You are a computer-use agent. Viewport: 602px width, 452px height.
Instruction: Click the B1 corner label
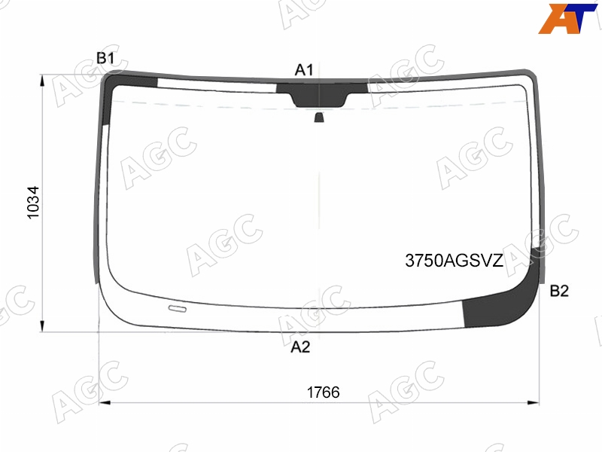tap(105, 59)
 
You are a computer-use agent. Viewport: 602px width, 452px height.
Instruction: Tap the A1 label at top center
tap(304, 70)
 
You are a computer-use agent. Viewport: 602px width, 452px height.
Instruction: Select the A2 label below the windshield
tap(300, 347)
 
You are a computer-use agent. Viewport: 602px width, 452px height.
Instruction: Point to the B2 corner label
tap(559, 291)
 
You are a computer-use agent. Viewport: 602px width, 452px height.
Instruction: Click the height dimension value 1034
tap(33, 203)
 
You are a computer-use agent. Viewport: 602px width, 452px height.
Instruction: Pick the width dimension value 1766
tap(323, 392)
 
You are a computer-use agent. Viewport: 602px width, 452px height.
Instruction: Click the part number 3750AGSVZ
tap(454, 261)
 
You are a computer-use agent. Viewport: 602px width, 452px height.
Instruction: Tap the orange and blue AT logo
tap(567, 18)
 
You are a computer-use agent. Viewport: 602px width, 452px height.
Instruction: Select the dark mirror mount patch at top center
tap(321, 94)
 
